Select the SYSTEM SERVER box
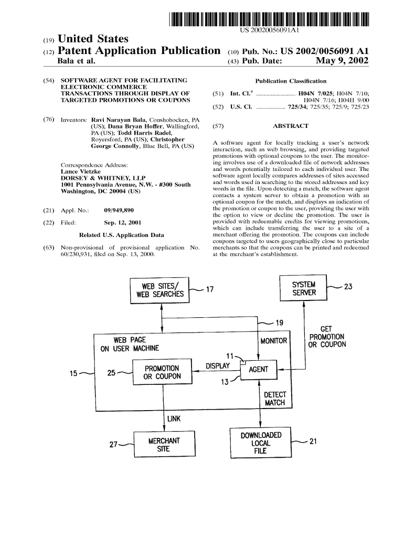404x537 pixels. coord(304,288)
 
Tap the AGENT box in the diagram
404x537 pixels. coord(258,369)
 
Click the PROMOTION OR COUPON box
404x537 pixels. coord(162,372)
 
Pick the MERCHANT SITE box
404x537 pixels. coord(164,445)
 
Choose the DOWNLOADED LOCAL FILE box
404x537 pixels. coord(261,443)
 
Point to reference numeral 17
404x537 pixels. coord(209,289)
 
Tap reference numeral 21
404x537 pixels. coord(313,442)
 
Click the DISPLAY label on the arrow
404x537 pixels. coord(217,366)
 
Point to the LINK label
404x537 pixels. coord(174,418)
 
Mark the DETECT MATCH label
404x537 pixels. coord(274,399)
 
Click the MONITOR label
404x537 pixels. coord(274,341)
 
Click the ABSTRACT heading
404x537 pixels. coord(290,126)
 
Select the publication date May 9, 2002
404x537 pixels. coord(343,61)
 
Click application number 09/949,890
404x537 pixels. coord(122,210)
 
